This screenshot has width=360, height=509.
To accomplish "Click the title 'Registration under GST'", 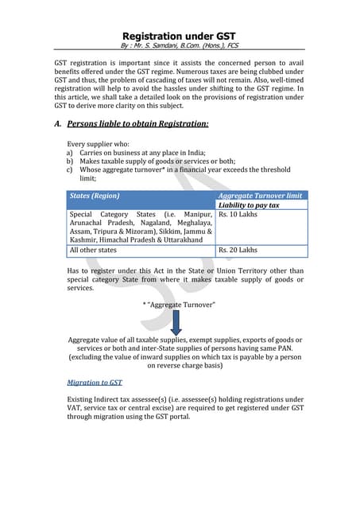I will pyautogui.click(x=180, y=36).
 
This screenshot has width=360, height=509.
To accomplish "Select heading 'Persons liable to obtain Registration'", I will pyautogui.click(x=138, y=123).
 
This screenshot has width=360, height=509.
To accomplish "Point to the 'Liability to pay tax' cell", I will pyautogui.click(x=249, y=205).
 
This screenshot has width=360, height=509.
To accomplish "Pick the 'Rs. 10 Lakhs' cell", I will pyautogui.click(x=238, y=215).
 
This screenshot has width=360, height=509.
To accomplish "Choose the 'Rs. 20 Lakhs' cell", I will pyautogui.click(x=238, y=250).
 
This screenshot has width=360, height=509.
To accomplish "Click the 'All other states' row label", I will pyautogui.click(x=93, y=250).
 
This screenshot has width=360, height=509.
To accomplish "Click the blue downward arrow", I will pyautogui.click(x=177, y=322).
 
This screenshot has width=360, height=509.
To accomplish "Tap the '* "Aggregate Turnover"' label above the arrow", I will pyautogui.click(x=179, y=305).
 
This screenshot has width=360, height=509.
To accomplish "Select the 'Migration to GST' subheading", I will pyautogui.click(x=95, y=383).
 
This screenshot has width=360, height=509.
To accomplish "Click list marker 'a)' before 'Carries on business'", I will pyautogui.click(x=70, y=153).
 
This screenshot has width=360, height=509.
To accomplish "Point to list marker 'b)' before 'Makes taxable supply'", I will pyautogui.click(x=70, y=161).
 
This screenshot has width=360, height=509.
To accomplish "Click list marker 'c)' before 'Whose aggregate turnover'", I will pyautogui.click(x=70, y=170).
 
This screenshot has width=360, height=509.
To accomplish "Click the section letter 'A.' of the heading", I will pyautogui.click(x=59, y=123).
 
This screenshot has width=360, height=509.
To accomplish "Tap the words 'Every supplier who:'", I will pyautogui.click(x=98, y=144).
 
